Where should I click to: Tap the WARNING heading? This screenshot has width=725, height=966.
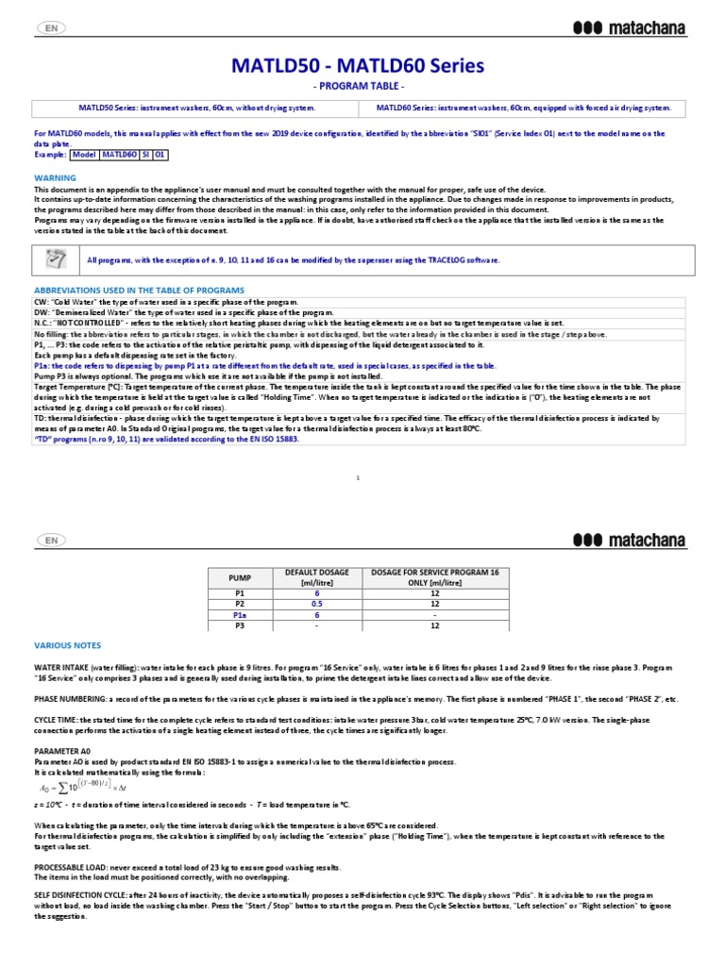pyautogui.click(x=55, y=177)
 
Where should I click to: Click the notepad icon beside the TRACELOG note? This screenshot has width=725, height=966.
pyautogui.click(x=56, y=259)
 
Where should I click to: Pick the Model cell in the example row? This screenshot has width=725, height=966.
pyautogui.click(x=85, y=154)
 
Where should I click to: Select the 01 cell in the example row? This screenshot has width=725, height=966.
pyautogui.click(x=160, y=154)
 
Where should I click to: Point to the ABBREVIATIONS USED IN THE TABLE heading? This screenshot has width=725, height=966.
pyautogui.click(x=139, y=290)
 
